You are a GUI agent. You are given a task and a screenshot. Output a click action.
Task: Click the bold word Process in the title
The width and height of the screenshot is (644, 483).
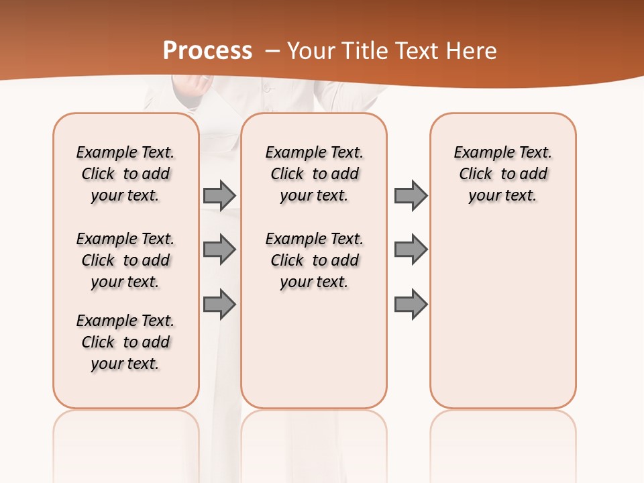point(207,50)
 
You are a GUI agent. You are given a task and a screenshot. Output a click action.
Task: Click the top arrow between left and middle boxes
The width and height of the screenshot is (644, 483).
point(219,196)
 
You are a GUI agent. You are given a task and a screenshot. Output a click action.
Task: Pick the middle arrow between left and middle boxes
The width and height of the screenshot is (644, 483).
point(219,250)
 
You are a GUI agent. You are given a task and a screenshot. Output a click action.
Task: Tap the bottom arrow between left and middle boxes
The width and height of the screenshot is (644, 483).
point(219,304)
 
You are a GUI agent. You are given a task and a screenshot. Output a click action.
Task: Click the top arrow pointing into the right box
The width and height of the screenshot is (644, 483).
point(411,196)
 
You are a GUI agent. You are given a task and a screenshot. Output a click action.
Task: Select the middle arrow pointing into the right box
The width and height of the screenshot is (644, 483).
point(411,250)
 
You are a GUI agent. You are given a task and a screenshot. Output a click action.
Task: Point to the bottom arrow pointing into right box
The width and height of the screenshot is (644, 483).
point(411,304)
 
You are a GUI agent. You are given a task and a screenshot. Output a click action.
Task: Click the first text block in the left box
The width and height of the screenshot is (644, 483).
point(125,174)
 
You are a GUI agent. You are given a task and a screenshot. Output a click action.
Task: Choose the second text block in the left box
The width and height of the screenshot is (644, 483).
point(125,260)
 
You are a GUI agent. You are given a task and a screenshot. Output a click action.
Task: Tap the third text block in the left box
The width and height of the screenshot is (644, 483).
point(125,342)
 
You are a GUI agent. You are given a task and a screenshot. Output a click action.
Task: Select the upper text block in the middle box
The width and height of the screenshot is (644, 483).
point(314,174)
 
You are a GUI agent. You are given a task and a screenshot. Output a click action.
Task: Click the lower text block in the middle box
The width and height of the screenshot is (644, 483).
point(314,260)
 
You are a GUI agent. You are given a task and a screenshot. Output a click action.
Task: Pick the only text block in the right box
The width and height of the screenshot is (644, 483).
point(503,174)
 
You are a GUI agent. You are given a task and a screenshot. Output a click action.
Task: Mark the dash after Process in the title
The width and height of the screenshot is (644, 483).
point(272,51)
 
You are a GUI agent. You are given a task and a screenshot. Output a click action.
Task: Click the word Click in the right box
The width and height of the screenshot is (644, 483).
point(476,174)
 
